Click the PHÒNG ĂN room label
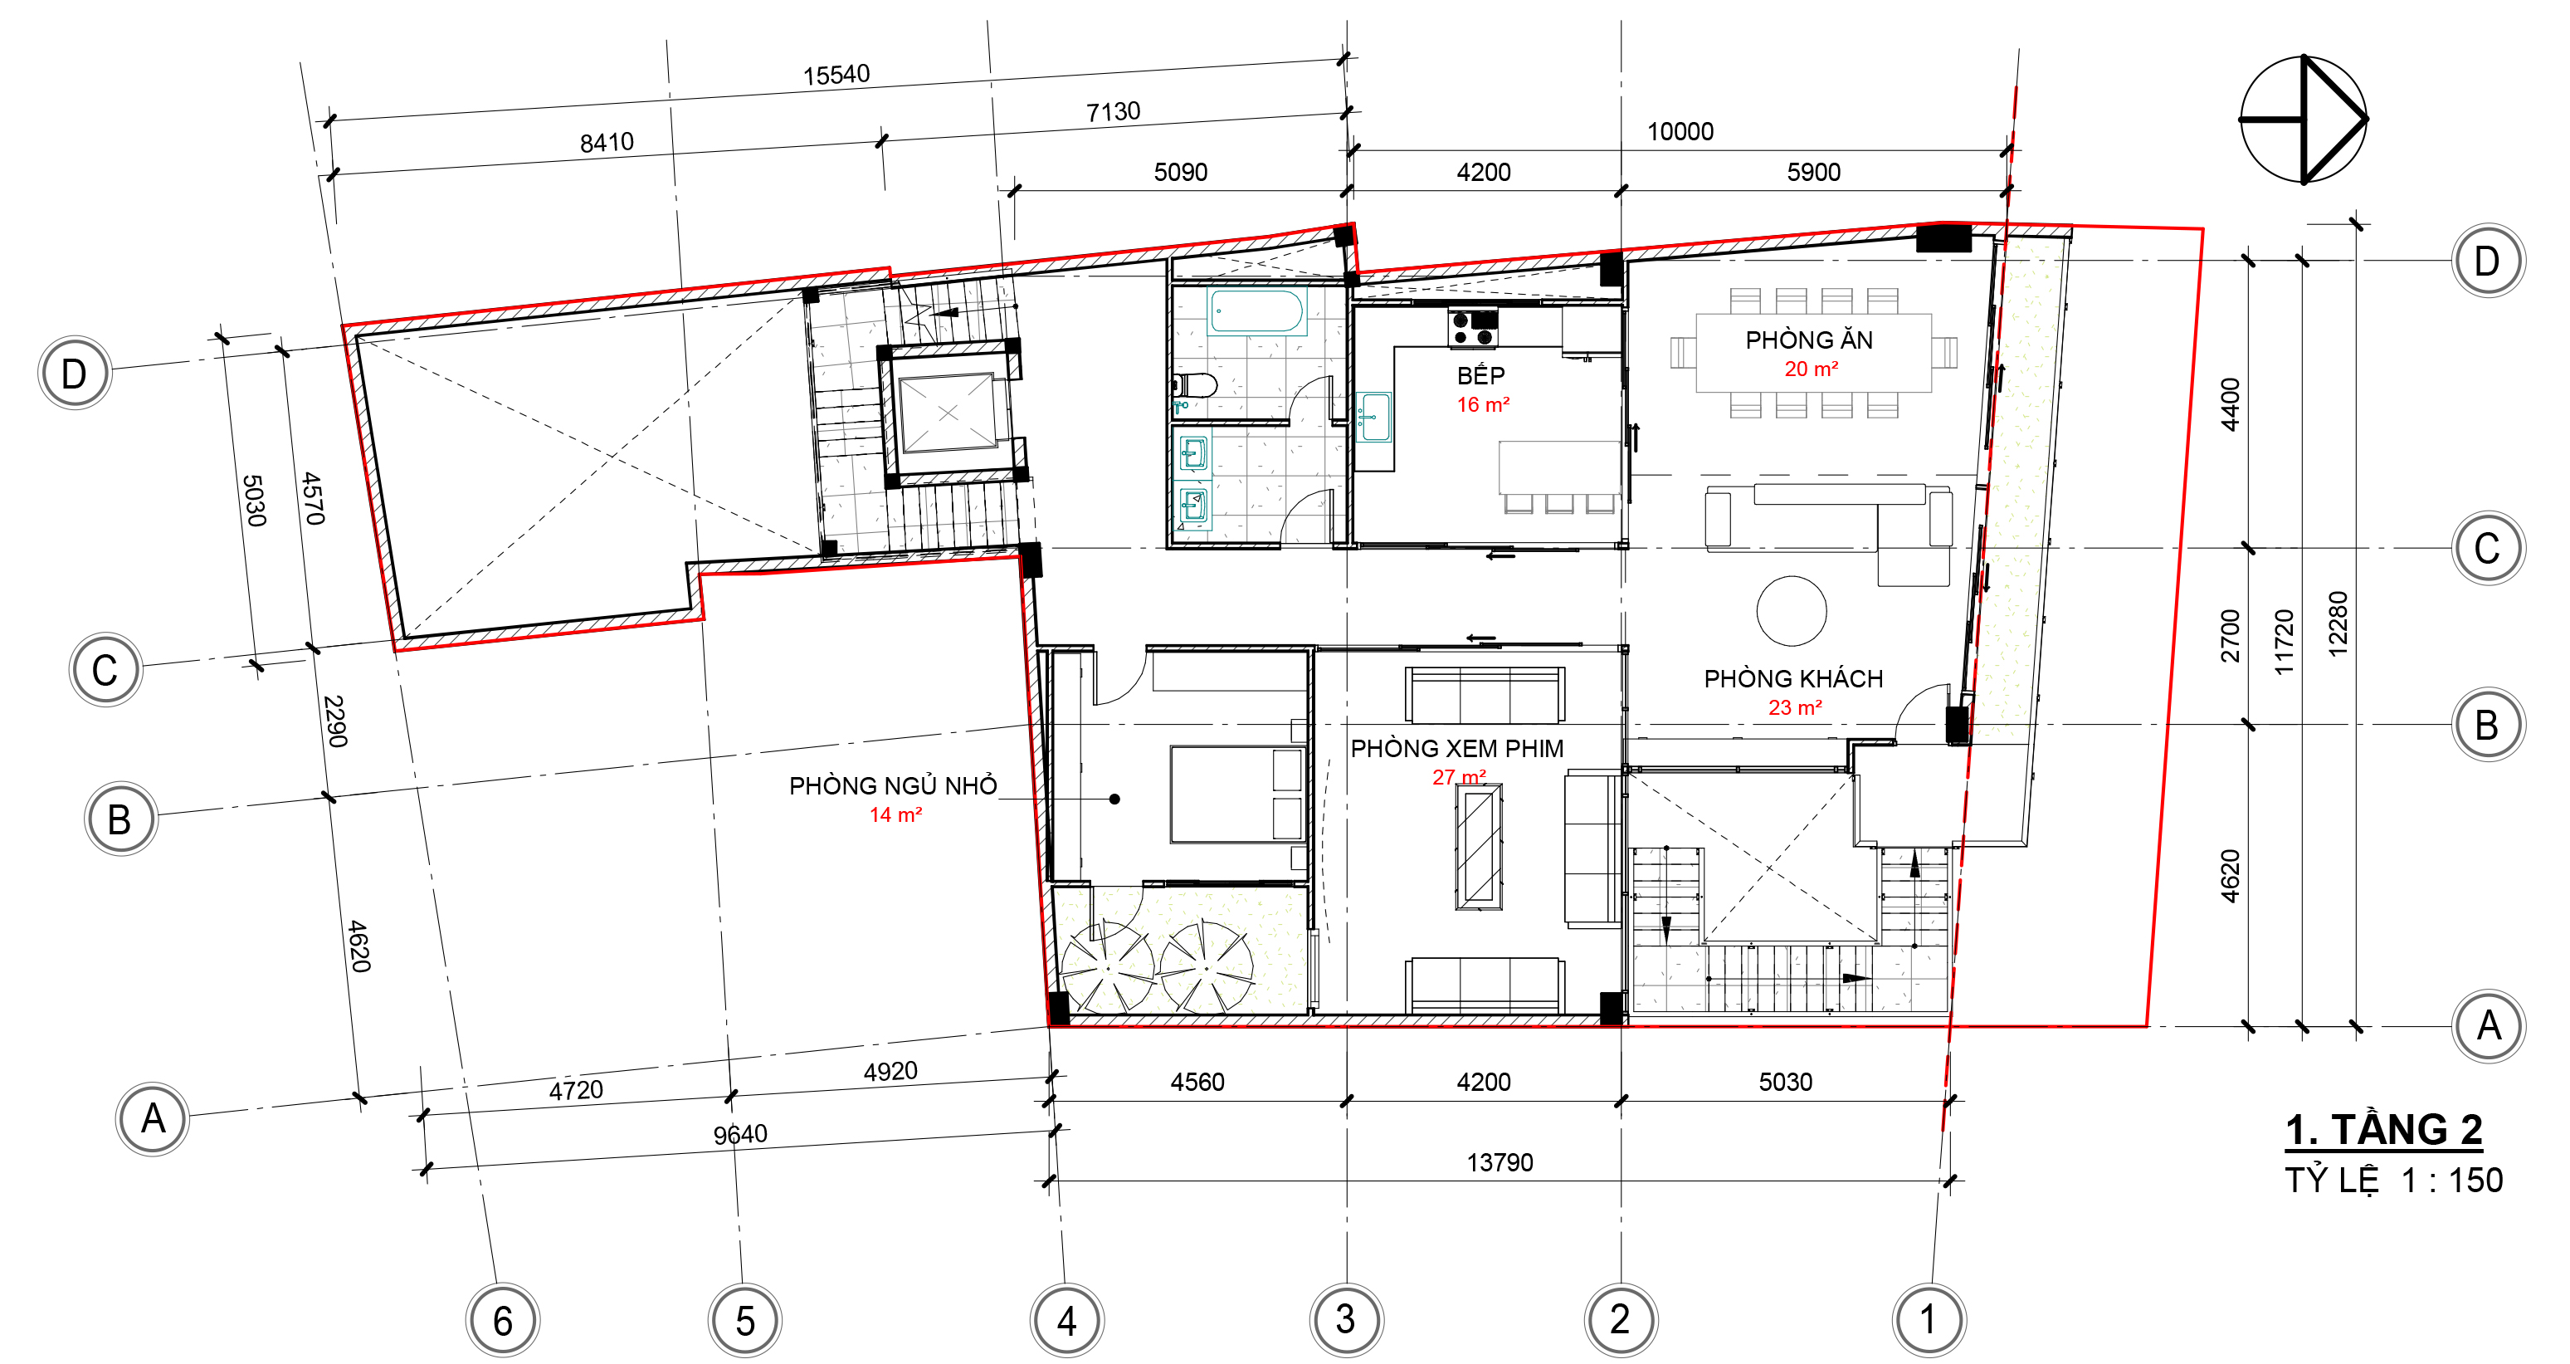coord(1809,340)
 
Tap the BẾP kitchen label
coord(1480,375)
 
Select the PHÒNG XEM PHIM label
coord(1456,748)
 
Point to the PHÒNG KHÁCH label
coord(1792,678)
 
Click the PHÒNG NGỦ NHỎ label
coord(893,785)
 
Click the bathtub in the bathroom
coord(1256,310)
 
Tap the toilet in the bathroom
coord(1196,385)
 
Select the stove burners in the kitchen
coord(1474,328)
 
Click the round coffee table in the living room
coord(1791,611)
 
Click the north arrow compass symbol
coord(2304,120)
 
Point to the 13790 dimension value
coord(1500,1162)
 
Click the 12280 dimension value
coord(2338,623)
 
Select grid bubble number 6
coord(503,1320)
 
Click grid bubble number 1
coord(1929,1319)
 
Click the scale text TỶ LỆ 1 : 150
coord(2393,1181)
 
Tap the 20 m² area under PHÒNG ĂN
coord(1811,369)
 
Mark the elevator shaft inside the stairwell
coord(947,412)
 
